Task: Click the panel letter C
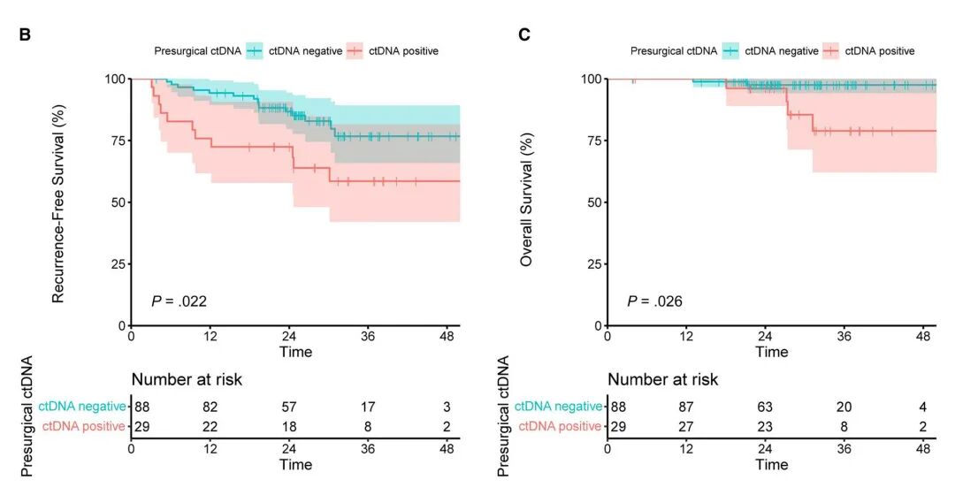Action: pyautogui.click(x=524, y=35)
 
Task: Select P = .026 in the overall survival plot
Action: pyautogui.click(x=654, y=301)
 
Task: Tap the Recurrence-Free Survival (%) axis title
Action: pyautogui.click(x=58, y=202)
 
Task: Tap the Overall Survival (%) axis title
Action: pyautogui.click(x=527, y=202)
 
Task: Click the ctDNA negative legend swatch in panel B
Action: pyautogui.click(x=256, y=51)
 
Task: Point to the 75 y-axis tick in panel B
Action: pyautogui.click(x=118, y=141)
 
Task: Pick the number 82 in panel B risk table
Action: pyautogui.click(x=210, y=407)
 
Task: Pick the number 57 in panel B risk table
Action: pyautogui.click(x=289, y=407)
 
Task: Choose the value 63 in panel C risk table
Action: pyautogui.click(x=765, y=407)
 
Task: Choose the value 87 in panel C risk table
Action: pyautogui.click(x=686, y=407)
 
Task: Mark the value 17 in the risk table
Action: pyautogui.click(x=368, y=407)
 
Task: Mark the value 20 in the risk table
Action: pyautogui.click(x=844, y=407)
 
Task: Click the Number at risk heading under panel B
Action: pyautogui.click(x=187, y=380)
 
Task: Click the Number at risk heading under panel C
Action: pyautogui.click(x=662, y=380)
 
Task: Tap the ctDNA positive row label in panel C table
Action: pyautogui.click(x=560, y=427)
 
